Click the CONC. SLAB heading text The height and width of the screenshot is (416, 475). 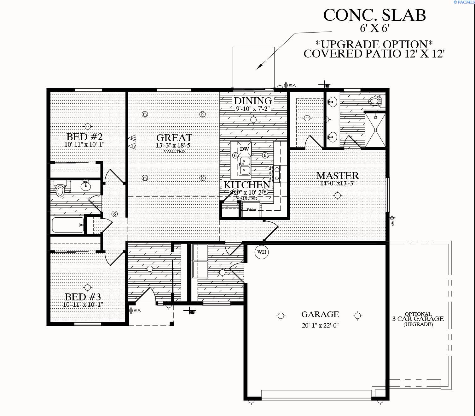click(374, 15)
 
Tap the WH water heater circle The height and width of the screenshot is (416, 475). click(261, 252)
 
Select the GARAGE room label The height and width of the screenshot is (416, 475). click(320, 314)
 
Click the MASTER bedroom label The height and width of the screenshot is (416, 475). click(337, 176)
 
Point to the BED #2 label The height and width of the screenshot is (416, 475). click(84, 137)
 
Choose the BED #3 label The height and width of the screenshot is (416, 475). click(83, 297)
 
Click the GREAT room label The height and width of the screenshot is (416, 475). click(174, 138)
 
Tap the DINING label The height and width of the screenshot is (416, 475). click(253, 101)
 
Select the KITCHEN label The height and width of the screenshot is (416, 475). click(247, 185)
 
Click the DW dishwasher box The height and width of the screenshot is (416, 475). click(244, 149)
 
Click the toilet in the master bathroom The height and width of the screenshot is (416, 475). click(375, 101)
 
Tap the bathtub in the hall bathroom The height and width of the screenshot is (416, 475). click(68, 225)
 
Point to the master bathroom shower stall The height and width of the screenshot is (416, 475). click(375, 130)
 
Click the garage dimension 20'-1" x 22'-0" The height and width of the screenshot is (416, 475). click(320, 325)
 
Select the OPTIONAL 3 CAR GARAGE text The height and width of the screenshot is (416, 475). click(418, 319)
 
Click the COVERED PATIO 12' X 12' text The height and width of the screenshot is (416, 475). click(374, 54)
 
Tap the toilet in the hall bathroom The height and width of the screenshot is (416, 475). click(60, 190)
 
